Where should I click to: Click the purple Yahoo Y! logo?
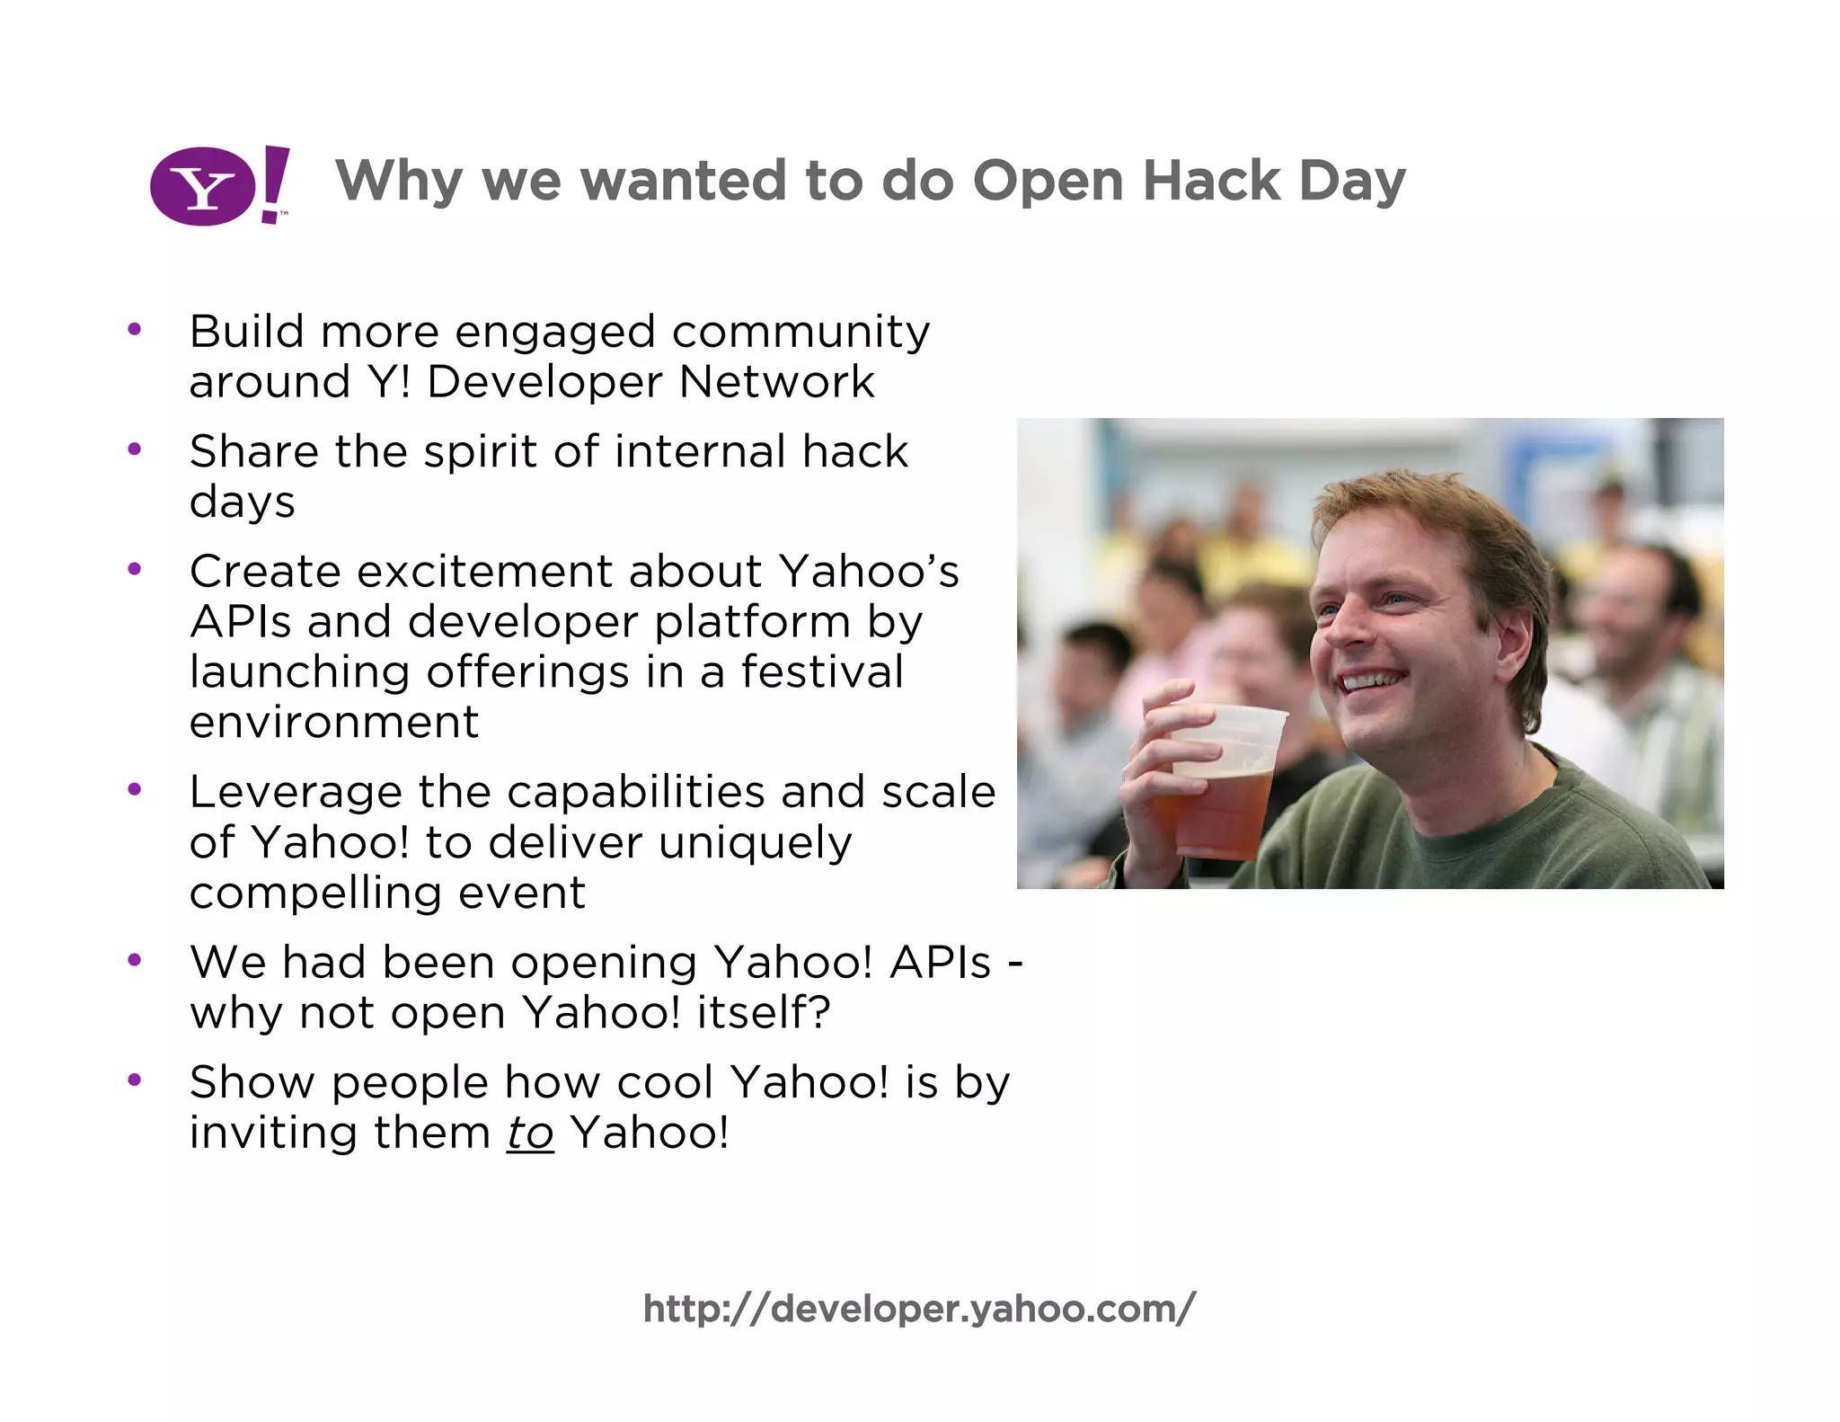[x=219, y=185]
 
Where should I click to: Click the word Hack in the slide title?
[x=1210, y=181]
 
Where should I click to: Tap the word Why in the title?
[x=398, y=181]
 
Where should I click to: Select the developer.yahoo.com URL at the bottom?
[x=919, y=1309]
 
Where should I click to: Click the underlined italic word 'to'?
[x=530, y=1133]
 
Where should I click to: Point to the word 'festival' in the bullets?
[x=821, y=672]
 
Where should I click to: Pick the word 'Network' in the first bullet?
[x=776, y=382]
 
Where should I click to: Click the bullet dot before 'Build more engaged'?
[x=135, y=330]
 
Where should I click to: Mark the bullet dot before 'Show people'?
[x=135, y=1080]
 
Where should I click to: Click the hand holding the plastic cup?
[x=1154, y=764]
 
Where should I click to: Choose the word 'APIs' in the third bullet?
[x=241, y=622]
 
